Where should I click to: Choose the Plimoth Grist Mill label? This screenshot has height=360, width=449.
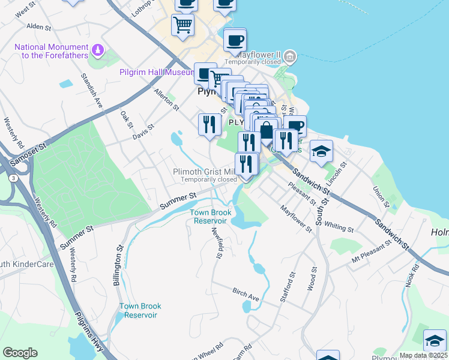click(205, 172)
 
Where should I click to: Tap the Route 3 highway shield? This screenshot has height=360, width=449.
click(13, 178)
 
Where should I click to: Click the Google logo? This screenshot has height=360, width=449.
click(20, 353)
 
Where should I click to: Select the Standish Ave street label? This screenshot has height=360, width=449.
click(91, 94)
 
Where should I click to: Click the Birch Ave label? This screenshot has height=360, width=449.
click(246, 294)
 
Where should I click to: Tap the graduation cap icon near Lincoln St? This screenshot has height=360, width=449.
click(321, 151)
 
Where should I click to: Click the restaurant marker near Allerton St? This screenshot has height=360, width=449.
click(208, 124)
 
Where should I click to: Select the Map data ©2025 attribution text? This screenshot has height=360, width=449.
click(422, 355)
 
